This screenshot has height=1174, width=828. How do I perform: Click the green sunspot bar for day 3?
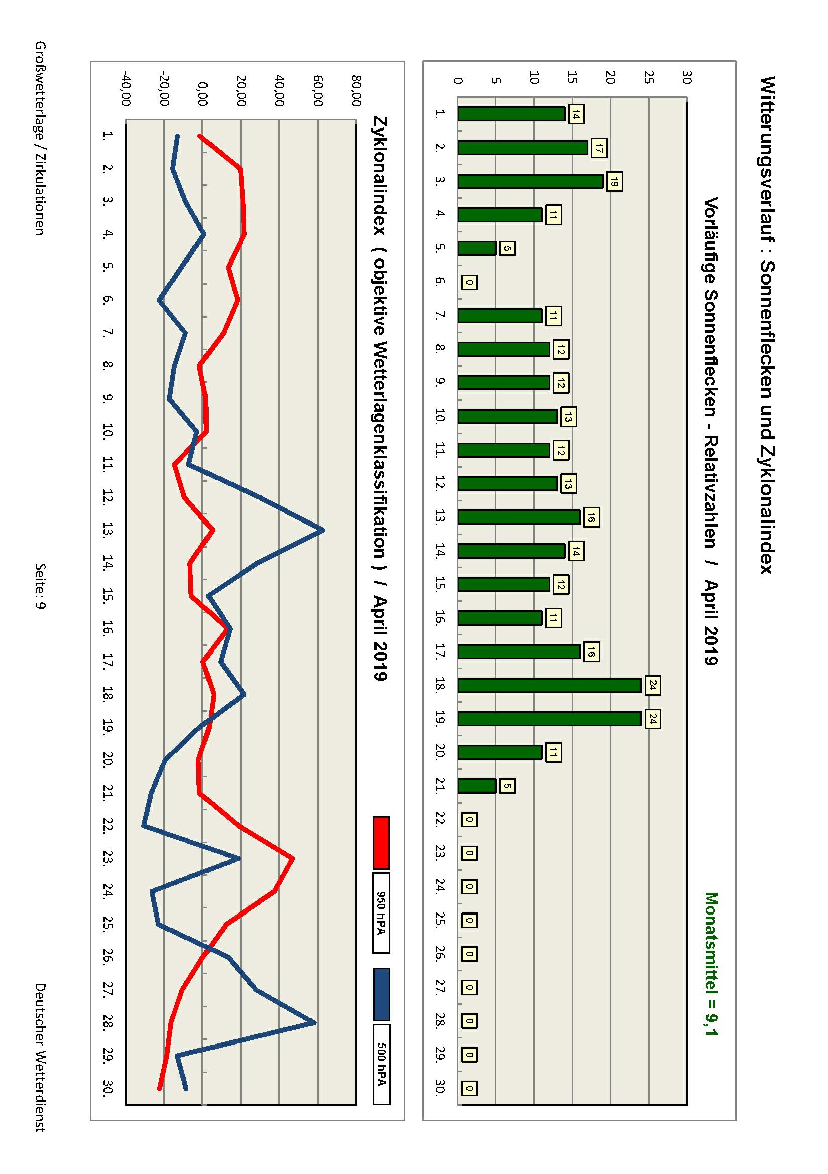[530, 181]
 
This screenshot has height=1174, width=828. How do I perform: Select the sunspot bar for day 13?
[519, 517]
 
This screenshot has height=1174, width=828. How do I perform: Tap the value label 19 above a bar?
[614, 182]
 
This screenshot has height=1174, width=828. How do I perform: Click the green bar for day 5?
[477, 248]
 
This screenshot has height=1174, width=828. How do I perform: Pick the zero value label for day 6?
[469, 282]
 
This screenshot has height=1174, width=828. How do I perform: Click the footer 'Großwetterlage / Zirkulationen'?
[40, 138]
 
